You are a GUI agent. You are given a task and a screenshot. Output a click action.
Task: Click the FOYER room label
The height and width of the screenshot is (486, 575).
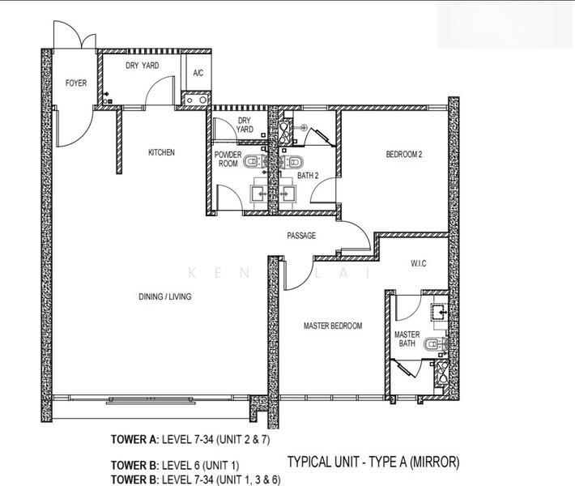coord(76,83)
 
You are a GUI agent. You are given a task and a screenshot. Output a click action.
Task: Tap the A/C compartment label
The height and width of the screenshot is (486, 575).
coord(198,73)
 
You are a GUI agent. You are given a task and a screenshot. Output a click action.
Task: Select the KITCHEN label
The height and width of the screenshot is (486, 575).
coord(161,152)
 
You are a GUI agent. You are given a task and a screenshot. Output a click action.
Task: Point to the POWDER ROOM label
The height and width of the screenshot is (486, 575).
coord(228,160)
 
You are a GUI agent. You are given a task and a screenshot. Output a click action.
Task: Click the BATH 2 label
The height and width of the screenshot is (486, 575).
coord(308,176)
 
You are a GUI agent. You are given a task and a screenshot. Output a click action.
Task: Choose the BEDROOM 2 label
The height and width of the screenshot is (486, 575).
coord(404,155)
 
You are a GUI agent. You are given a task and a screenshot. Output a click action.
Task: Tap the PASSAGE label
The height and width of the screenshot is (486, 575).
coord(301,236)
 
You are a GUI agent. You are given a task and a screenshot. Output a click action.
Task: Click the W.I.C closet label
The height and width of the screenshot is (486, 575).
coord(418,263)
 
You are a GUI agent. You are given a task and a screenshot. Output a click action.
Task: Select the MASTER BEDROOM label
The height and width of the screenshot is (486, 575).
coord(333,326)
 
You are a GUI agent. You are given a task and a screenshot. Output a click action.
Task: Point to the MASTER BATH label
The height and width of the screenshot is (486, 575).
coord(407,339)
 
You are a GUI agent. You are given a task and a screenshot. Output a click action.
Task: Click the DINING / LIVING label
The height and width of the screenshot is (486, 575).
coord(165,296)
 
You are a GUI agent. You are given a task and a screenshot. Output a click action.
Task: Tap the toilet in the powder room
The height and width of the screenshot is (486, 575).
coord(255,161)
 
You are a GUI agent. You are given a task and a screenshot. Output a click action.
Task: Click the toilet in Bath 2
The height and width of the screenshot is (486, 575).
coord(292,161)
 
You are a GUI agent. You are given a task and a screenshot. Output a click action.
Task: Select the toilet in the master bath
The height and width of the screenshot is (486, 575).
coord(436,345)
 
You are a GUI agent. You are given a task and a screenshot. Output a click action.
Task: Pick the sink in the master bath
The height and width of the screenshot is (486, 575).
coord(440,312)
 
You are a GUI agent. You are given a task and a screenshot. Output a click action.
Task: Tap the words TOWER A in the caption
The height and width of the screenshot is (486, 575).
coord(134,439)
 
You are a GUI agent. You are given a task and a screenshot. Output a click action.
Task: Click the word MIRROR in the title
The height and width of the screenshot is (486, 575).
coord(434,462)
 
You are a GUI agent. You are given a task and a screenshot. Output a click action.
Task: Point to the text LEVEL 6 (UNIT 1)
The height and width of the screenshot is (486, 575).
coord(200,466)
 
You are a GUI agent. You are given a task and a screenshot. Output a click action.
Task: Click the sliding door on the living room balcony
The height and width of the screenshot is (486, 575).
coord(151,400)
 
